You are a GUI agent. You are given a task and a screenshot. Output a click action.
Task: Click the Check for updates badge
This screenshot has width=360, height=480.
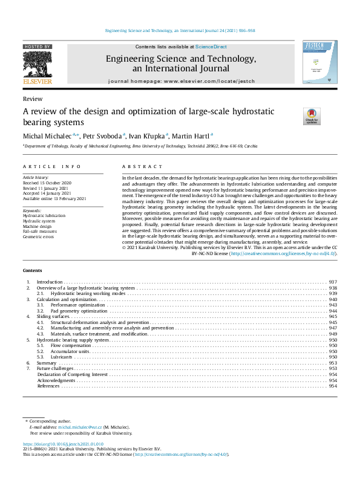[x=294, y=116]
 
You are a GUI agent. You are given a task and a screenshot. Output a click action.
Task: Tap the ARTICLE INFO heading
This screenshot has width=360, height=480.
[x=43, y=166]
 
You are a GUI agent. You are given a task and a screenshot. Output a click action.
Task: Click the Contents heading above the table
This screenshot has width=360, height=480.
[x=33, y=270]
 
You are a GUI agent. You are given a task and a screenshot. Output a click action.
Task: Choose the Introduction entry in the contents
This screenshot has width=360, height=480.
[x=50, y=282]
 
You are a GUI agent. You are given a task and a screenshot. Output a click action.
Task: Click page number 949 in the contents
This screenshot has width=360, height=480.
[x=332, y=334]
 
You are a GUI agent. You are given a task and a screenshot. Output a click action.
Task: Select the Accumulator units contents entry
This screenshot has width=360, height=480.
[x=70, y=351]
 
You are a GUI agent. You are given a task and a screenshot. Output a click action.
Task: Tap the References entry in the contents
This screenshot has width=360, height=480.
[x=48, y=386]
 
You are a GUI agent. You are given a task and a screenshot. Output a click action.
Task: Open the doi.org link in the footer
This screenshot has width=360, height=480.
[x=54, y=444]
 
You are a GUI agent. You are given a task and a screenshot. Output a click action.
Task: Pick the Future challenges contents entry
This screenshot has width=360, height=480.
[x=55, y=368]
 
